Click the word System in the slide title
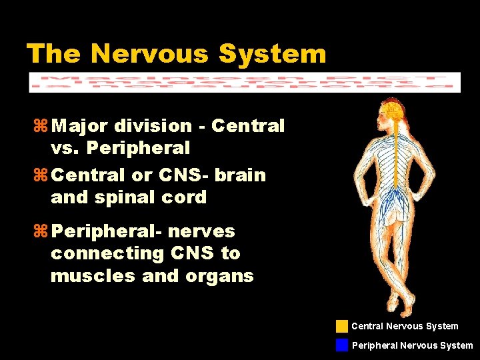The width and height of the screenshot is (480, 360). click(x=273, y=53)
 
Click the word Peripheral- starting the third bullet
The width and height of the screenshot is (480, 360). click(x=106, y=231)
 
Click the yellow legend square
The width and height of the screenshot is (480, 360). click(x=342, y=326)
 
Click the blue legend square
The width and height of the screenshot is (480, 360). click(x=342, y=345)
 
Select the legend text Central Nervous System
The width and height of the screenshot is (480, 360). click(x=405, y=326)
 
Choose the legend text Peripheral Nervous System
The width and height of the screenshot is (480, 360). click(x=412, y=345)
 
